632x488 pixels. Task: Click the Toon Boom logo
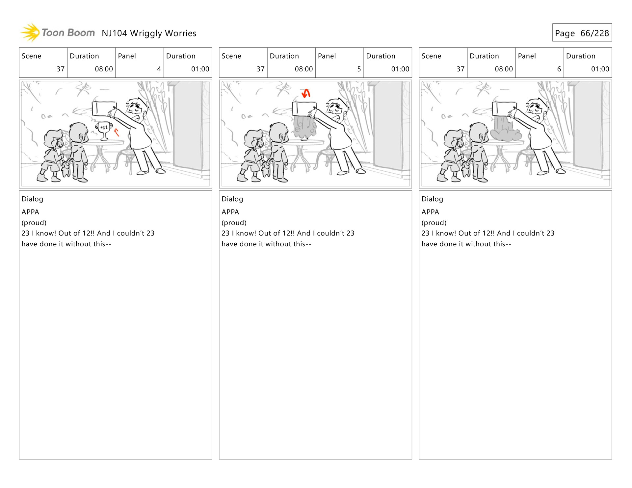pyautogui.click(x=58, y=33)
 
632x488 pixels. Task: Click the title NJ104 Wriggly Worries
pyautogui.click(x=149, y=33)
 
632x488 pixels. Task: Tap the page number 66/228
pyautogui.click(x=594, y=33)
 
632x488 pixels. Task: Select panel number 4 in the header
pyautogui.click(x=159, y=69)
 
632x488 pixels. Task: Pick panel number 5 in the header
pyautogui.click(x=359, y=69)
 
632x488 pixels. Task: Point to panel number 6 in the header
pyautogui.click(x=559, y=69)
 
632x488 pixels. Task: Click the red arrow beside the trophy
pyautogui.click(x=116, y=132)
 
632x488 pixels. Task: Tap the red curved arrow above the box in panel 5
pyautogui.click(x=306, y=93)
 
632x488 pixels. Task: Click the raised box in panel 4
pyautogui.click(x=104, y=109)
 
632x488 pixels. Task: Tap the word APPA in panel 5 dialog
pyautogui.click(x=230, y=212)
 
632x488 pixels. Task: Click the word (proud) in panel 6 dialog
pyautogui.click(x=434, y=223)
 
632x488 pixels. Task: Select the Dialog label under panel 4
pyautogui.click(x=32, y=199)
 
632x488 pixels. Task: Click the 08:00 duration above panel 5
pyautogui.click(x=304, y=69)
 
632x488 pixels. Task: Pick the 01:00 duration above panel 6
pyautogui.click(x=600, y=69)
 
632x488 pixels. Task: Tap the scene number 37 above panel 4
pyautogui.click(x=61, y=69)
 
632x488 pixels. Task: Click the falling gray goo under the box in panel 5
pyautogui.click(x=305, y=127)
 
